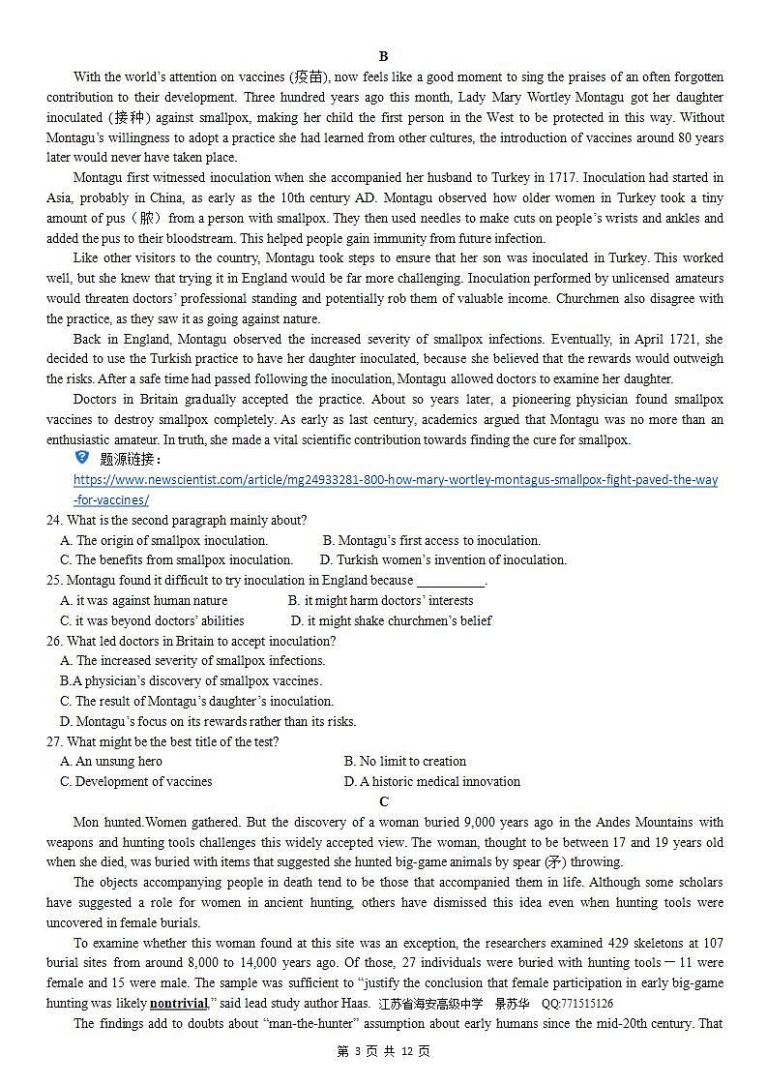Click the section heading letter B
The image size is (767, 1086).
[384, 56]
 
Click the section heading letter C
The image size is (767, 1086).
[384, 801]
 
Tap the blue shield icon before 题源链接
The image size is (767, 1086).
[82, 458]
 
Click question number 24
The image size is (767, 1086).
[54, 521]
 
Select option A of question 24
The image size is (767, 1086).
[163, 540]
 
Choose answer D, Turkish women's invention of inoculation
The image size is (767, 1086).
[443, 559]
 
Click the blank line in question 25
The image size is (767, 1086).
[450, 581]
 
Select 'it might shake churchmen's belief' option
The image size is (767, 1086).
[391, 620]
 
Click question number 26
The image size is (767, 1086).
[54, 641]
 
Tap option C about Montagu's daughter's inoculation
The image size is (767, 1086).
[196, 701]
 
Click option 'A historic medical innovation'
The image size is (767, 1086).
[431, 781]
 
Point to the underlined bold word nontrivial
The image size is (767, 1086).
[179, 1004]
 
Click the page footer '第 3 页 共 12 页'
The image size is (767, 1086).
[383, 1051]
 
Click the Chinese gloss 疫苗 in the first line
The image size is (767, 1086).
[308, 76]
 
